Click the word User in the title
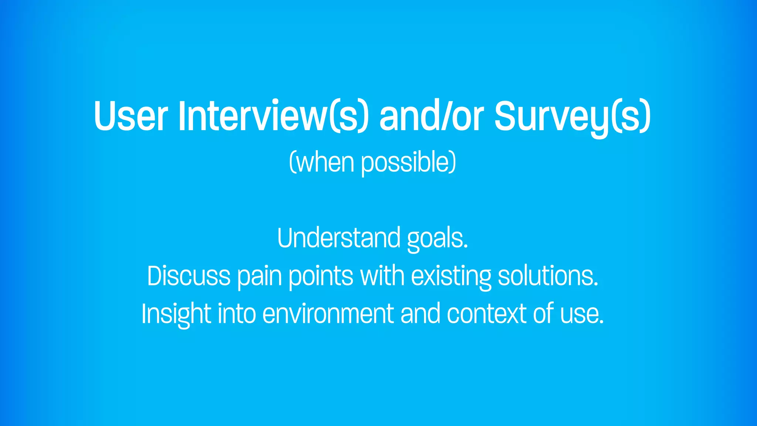[131, 116]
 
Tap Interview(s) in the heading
[274, 116]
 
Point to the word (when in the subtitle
[322, 163]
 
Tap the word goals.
[437, 239]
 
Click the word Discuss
[189, 276]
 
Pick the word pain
[259, 277]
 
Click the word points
[321, 277]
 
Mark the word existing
[451, 277]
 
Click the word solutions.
[548, 276]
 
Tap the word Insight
[176, 314]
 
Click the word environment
[328, 314]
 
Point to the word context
[486, 314]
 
